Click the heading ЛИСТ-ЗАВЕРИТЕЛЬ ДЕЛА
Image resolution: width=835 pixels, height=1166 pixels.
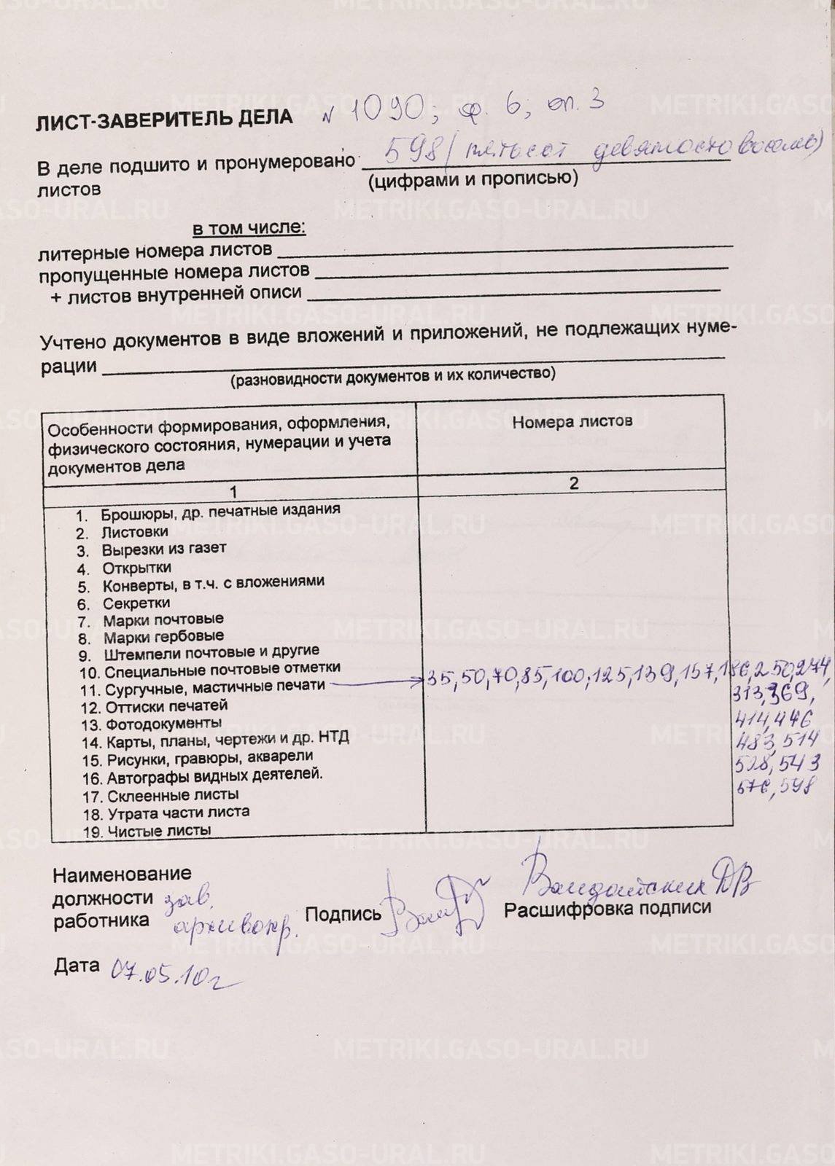(164, 120)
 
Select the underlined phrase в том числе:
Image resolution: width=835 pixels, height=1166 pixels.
(249, 228)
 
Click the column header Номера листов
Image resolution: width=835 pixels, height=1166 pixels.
(572, 421)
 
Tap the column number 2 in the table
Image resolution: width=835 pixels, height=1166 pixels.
(574, 483)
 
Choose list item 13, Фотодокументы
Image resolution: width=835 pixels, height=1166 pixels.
(163, 724)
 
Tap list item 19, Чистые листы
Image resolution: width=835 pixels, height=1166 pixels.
(159, 831)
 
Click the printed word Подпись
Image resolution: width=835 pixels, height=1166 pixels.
(343, 914)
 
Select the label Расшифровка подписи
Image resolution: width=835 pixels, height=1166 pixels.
(607, 908)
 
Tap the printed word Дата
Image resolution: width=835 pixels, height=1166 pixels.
(77, 966)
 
